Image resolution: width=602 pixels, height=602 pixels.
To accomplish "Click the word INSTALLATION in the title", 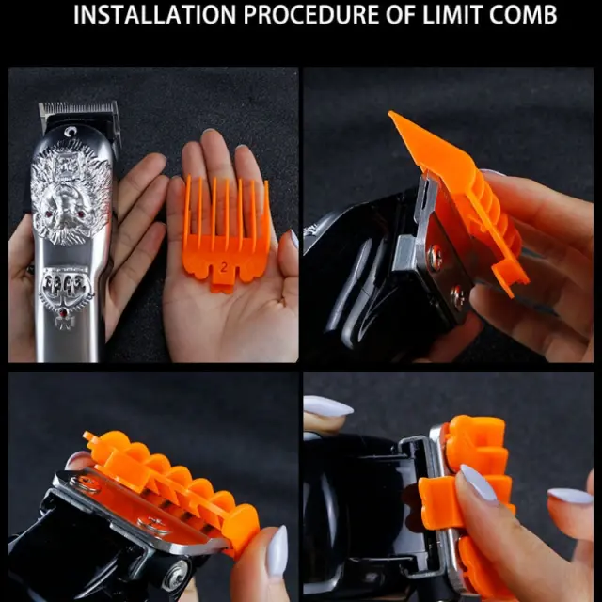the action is coord(154,15).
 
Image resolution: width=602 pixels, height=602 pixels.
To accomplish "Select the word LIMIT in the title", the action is coord(449,15).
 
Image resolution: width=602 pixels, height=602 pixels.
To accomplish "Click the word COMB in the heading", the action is coord(523,15).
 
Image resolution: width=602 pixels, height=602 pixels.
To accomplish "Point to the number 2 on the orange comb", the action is coord(224,267).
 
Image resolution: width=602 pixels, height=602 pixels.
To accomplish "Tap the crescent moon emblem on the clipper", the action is coord(70,132).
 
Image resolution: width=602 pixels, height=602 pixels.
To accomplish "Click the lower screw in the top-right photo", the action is coord(458,294).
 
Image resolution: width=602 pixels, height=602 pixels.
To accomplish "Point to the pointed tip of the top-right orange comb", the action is coord(390,113).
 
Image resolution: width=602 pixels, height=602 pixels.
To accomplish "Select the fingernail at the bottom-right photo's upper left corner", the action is coord(327,405).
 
